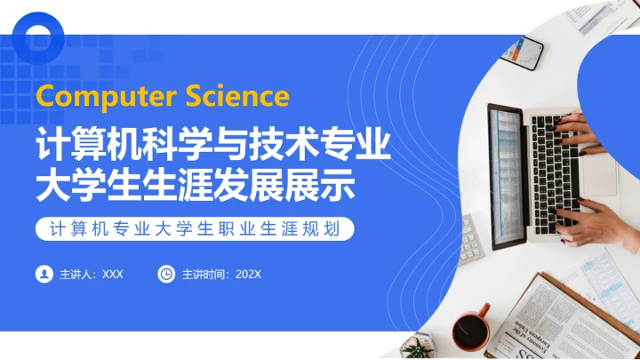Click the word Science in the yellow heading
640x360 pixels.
(x=237, y=96)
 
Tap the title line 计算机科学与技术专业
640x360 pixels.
(x=213, y=146)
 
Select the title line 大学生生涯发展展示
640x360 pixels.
(x=196, y=186)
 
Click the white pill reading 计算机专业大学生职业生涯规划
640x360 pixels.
(x=196, y=229)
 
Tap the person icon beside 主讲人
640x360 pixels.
(x=43, y=274)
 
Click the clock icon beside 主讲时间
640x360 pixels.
(x=166, y=274)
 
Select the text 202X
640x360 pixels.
(x=249, y=274)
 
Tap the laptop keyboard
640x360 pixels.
(x=556, y=169)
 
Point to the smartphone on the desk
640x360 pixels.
(x=522, y=53)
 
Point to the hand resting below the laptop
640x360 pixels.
(x=600, y=222)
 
